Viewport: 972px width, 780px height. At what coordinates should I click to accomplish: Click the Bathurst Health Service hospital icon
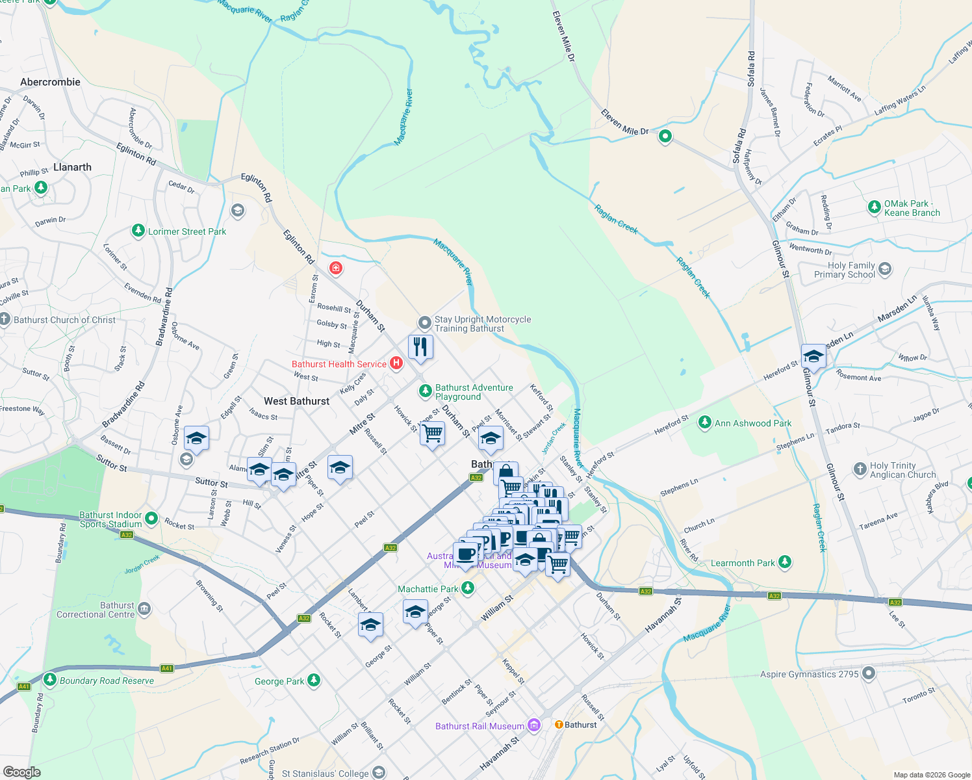click(x=396, y=363)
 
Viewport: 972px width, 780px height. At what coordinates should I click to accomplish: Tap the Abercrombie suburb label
click(x=50, y=82)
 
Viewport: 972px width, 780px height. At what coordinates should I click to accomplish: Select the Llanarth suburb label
click(x=72, y=167)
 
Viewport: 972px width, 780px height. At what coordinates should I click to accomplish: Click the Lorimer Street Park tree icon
click(x=138, y=231)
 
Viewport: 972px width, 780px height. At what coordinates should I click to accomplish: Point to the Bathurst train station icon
click(x=558, y=724)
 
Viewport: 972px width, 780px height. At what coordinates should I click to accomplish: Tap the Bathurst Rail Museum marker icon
click(x=534, y=725)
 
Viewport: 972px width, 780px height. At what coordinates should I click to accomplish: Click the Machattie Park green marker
click(x=468, y=588)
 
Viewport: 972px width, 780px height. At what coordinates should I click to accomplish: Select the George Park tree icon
click(x=314, y=681)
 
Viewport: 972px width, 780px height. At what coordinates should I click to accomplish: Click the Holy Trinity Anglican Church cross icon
click(x=860, y=469)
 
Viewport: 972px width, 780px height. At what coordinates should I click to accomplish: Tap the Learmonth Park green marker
click(x=785, y=562)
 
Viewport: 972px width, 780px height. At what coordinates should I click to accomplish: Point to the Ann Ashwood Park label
click(x=753, y=423)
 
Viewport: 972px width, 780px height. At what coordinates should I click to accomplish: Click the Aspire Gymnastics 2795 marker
click(x=869, y=673)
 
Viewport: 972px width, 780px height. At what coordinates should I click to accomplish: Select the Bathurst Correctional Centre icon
click(x=144, y=609)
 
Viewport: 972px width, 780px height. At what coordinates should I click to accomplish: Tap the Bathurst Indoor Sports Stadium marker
click(x=151, y=519)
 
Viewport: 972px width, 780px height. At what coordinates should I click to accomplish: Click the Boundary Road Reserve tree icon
click(x=50, y=680)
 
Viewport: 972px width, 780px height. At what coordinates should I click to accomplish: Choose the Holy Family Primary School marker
click(x=885, y=269)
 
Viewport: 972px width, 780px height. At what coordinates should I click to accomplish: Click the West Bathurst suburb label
click(x=296, y=401)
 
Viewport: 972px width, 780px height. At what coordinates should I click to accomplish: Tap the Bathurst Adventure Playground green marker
click(x=425, y=391)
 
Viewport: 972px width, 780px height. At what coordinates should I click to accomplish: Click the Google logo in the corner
click(x=22, y=772)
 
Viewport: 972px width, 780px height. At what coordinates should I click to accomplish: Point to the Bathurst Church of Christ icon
click(x=5, y=319)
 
